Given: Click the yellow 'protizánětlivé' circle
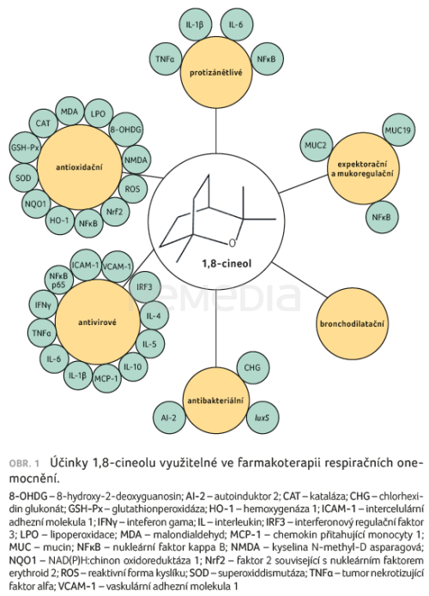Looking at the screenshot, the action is [216, 72].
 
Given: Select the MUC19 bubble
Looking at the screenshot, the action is [398, 130].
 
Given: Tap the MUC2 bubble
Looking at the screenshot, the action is [316, 145].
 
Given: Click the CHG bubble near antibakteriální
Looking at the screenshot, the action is [252, 368].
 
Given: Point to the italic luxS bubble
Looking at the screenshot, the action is [263, 418].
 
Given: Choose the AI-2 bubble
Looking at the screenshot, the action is [168, 418].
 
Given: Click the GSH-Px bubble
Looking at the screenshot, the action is [25, 147].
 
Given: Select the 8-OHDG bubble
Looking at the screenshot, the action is [126, 129].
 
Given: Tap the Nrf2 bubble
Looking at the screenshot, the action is [115, 212].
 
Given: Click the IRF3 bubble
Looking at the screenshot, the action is [144, 286].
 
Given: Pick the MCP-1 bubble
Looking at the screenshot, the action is [106, 378].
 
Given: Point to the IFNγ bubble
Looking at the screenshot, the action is [44, 304].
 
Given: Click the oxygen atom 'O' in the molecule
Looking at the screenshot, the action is [233, 244].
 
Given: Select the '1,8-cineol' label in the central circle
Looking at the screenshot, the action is [227, 263].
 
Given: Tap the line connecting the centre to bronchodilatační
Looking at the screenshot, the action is [299, 280].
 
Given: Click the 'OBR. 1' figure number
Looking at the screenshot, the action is [24, 464].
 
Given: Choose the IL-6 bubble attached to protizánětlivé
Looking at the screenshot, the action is [236, 25].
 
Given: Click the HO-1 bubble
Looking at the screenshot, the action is [60, 220].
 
